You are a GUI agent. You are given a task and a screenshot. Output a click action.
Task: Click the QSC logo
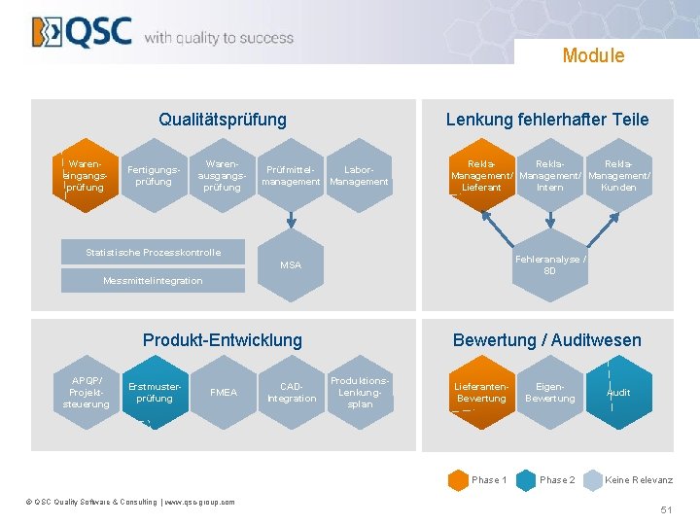[x=82, y=32]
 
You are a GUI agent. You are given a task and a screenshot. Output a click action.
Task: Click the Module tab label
[x=593, y=55]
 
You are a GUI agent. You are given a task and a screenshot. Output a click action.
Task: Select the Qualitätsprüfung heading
[x=223, y=120]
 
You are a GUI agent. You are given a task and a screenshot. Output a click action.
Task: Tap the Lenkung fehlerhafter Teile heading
[x=547, y=120]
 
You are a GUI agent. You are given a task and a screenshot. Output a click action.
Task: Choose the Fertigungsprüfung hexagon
[x=155, y=175]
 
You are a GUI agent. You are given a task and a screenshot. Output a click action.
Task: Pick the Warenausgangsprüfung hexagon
[x=223, y=175]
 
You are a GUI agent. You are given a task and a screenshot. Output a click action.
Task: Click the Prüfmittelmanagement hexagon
[x=292, y=175]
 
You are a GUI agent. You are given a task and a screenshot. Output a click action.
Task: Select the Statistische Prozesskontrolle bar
[x=153, y=253]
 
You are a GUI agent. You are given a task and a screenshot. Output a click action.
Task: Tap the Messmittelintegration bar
[x=153, y=281]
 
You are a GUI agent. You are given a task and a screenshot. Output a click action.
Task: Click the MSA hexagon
[x=291, y=264]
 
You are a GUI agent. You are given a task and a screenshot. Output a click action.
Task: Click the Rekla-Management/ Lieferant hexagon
[x=482, y=175]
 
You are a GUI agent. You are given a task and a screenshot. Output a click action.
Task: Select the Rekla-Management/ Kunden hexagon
[x=618, y=175]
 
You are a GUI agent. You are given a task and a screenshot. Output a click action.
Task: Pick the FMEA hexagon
[x=223, y=392]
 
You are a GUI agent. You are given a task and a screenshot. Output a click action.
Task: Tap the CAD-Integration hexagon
[x=292, y=392]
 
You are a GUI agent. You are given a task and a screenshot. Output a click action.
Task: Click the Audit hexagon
[x=618, y=392]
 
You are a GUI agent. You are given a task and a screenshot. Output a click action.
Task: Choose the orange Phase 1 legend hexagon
[x=458, y=480]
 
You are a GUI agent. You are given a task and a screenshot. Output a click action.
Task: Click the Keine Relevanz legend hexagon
[x=592, y=480]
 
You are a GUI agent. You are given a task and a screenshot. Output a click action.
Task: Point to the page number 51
[x=666, y=509]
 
